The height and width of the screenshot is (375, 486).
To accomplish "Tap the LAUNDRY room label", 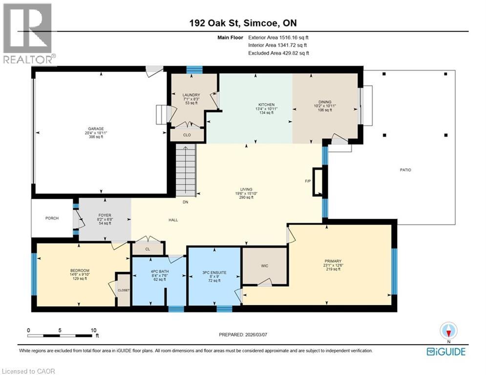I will [191, 95].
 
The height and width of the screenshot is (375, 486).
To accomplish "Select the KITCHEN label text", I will [267, 105].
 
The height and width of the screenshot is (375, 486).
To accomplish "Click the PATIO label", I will [405, 170].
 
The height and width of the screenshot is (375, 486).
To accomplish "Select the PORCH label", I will [52, 218].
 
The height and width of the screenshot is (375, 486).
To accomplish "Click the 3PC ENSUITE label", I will [214, 272].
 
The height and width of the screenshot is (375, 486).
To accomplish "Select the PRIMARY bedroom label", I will [333, 261].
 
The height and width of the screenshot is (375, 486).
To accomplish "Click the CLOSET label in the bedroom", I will [124, 290].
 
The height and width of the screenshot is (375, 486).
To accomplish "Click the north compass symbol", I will [448, 331].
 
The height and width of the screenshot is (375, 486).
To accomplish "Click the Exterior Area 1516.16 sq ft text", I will [278, 37].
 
